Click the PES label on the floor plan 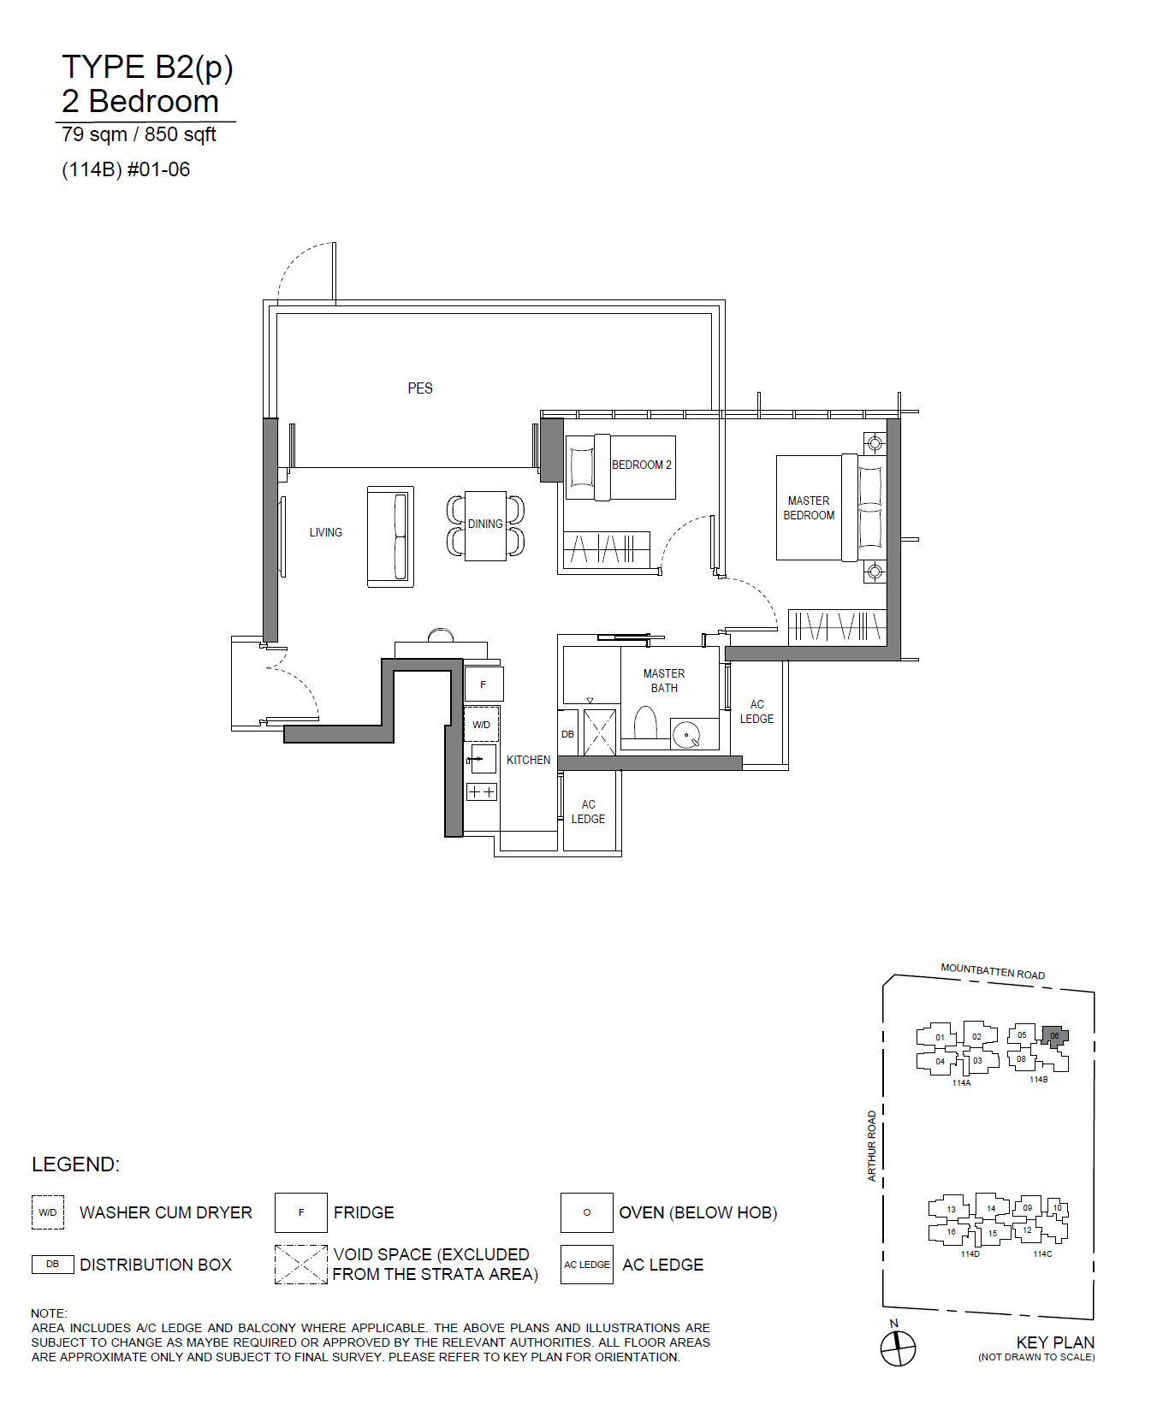point(420,388)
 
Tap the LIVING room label point(326,532)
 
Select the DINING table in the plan point(485,526)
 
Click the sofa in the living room point(390,536)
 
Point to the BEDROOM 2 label point(642,465)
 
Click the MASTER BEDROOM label point(809,508)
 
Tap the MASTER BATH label point(664,681)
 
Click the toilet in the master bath point(645,723)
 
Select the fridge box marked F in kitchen point(484,684)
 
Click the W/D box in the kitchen point(482,725)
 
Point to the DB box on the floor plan point(567,733)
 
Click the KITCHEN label point(528,760)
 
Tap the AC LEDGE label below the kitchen point(588,812)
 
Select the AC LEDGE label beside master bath point(756,712)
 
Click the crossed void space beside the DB point(599,732)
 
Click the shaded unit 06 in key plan point(1054,1036)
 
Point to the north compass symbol point(898,1348)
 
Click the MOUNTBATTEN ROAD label point(993,971)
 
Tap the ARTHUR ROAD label point(872,1146)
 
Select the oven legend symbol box point(587,1212)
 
